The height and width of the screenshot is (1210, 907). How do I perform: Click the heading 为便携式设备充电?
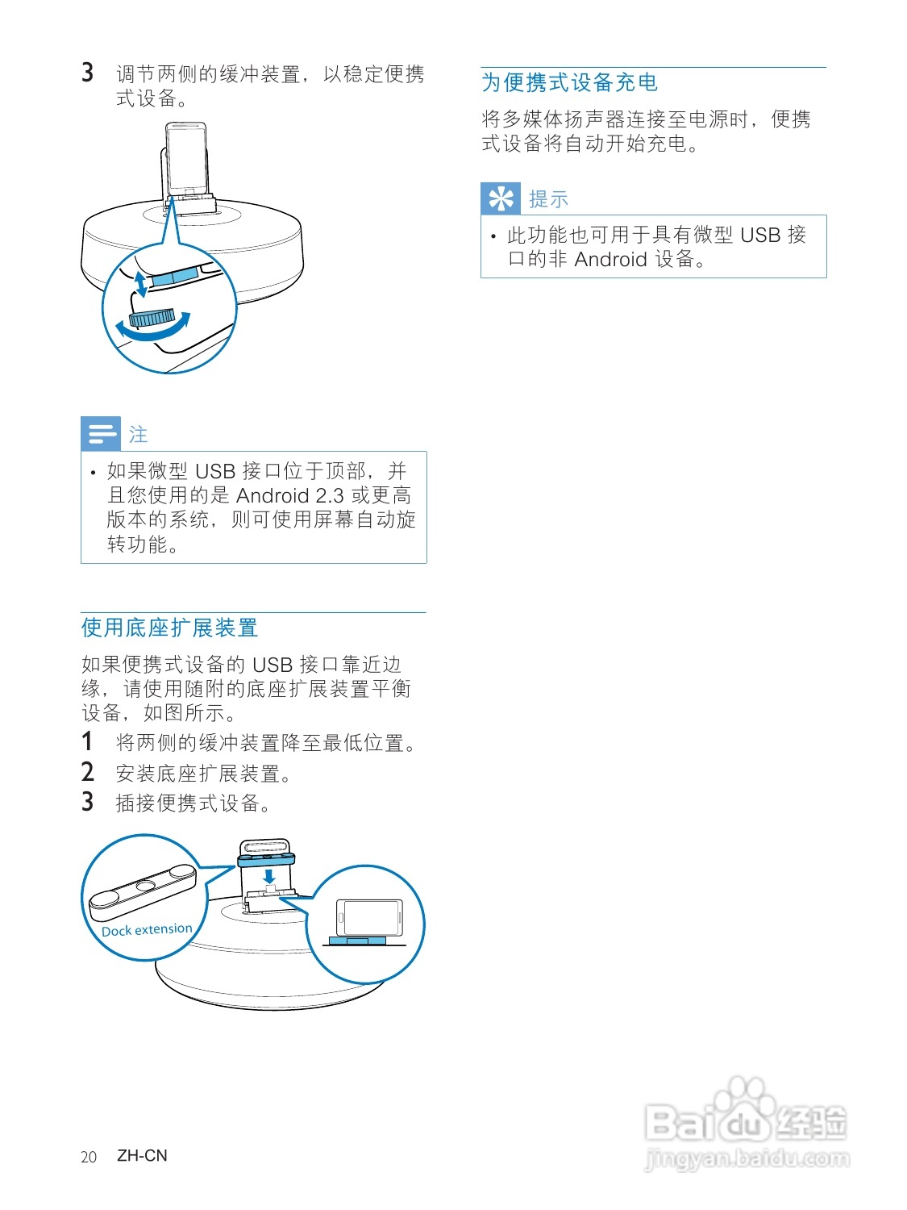(x=569, y=82)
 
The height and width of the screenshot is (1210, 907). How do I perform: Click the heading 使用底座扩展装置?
(x=169, y=628)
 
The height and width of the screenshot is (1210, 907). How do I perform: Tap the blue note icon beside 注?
(x=101, y=434)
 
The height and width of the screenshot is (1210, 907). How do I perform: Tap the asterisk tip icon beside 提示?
(x=501, y=198)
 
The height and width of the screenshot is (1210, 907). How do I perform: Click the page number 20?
(x=89, y=1157)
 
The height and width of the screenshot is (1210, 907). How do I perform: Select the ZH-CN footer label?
(x=142, y=1155)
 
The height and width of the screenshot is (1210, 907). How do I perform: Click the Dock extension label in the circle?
(x=147, y=929)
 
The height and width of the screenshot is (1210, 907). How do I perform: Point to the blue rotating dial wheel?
(x=152, y=317)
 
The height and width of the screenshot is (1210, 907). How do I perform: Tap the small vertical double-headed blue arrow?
(x=140, y=284)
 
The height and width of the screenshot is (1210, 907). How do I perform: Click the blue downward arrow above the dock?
(x=269, y=876)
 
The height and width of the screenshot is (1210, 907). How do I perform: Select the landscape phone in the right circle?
(x=368, y=917)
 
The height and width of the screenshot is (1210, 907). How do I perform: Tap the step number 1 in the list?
(x=87, y=742)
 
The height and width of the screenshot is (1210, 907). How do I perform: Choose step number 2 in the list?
(x=87, y=772)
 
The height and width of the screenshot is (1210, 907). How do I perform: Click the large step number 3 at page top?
(x=87, y=73)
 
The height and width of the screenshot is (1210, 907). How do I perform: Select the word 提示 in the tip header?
(x=548, y=199)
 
